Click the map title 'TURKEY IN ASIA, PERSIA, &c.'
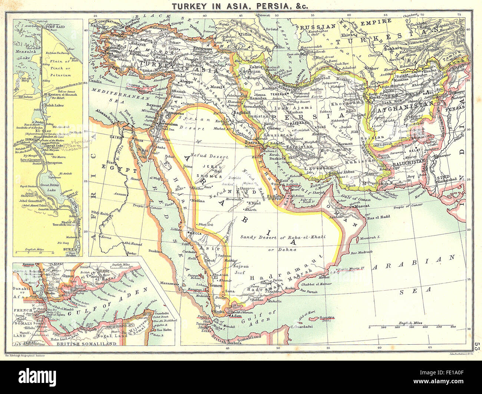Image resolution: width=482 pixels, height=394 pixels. pyautogui.click(x=241, y=6)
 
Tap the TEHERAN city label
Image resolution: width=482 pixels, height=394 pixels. pyautogui.click(x=282, y=94)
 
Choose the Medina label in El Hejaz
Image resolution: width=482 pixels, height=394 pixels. pyautogui.click(x=198, y=201)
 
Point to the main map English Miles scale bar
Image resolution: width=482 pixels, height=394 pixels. pyautogui.click(x=412, y=327)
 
